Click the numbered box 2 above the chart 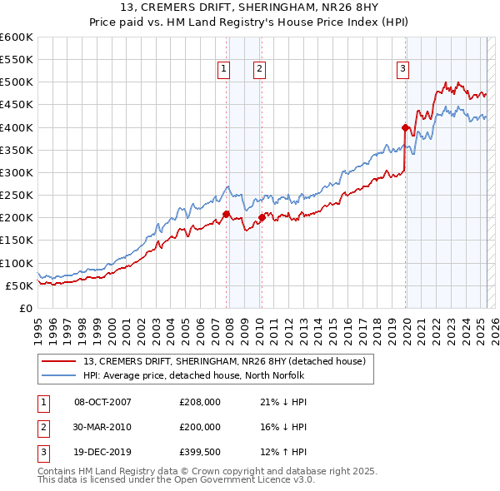point(260,70)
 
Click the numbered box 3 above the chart point(402,70)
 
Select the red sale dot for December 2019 point(405,128)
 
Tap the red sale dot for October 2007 point(226,214)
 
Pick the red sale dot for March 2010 point(262,218)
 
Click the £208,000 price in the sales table point(200,402)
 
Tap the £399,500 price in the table point(200,453)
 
